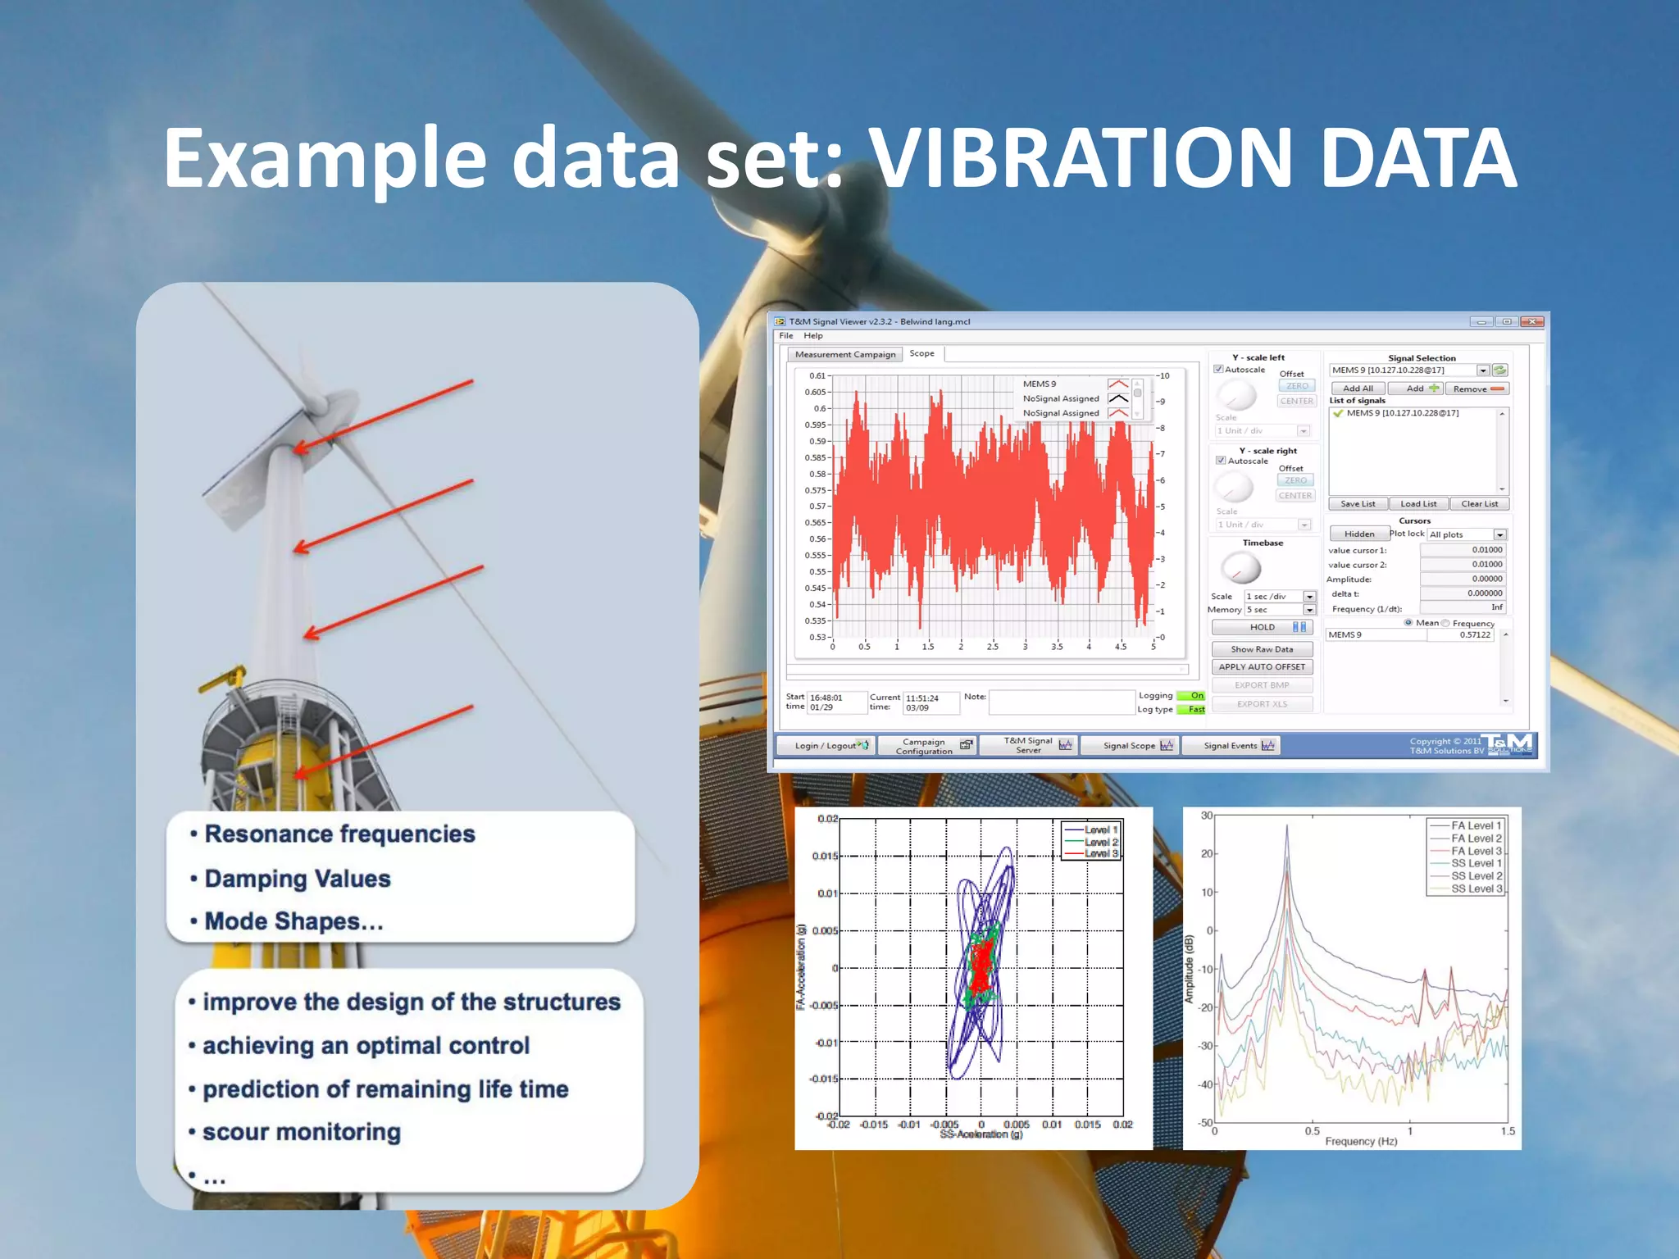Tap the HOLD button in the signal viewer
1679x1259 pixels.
(x=1263, y=627)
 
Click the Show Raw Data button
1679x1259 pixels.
(x=1262, y=649)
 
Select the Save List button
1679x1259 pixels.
(x=1358, y=504)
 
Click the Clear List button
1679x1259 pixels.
(x=1479, y=504)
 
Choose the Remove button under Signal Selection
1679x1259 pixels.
(x=1477, y=389)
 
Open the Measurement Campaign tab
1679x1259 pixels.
(x=845, y=354)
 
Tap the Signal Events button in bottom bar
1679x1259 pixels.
(x=1238, y=745)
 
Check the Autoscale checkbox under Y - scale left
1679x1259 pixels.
(x=1218, y=370)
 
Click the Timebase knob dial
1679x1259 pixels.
(x=1240, y=567)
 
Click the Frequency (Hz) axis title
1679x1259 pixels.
(x=1361, y=1141)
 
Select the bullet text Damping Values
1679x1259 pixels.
(x=298, y=879)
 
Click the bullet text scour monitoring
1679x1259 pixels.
(x=302, y=1132)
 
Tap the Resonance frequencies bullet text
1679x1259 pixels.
(x=339, y=834)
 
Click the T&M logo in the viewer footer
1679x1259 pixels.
(x=1507, y=744)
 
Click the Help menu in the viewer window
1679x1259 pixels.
(x=812, y=335)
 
